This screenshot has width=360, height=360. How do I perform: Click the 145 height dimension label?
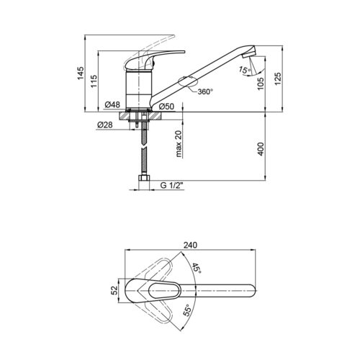tap(81, 73)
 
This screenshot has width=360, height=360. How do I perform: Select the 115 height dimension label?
tap(94, 81)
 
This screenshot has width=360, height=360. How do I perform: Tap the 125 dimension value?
tap(277, 78)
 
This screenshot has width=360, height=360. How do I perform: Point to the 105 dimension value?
tap(261, 84)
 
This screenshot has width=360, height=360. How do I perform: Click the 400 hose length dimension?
tap(261, 149)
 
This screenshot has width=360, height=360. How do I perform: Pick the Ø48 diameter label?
tap(112, 104)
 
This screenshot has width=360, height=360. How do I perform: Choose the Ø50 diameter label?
tap(166, 107)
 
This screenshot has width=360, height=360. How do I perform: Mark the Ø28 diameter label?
tap(104, 125)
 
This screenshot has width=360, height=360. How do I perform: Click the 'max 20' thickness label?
tap(179, 144)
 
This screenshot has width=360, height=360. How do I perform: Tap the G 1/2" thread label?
tap(171, 185)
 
